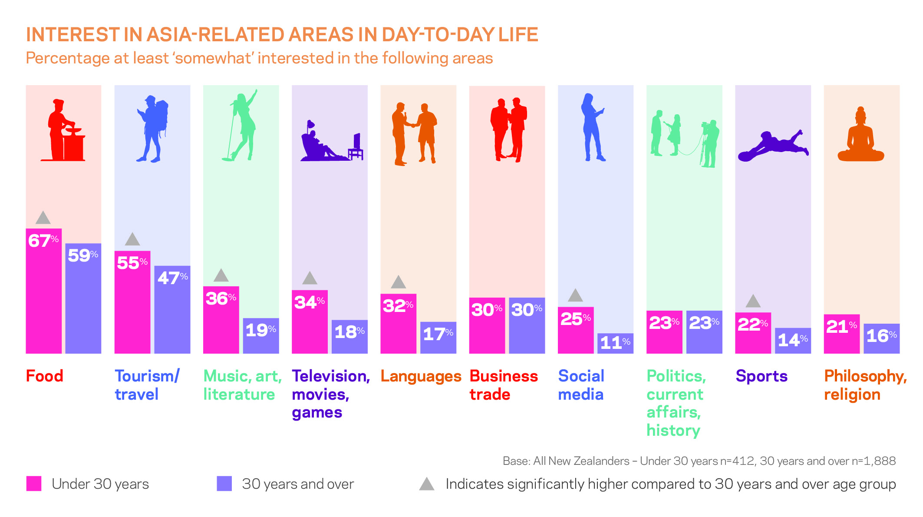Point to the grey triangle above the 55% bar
132,239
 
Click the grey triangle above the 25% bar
575,295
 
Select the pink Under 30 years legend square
34,484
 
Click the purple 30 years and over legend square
224,484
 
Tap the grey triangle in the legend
427,484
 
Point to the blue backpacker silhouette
152,129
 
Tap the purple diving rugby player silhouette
773,146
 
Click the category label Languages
420,376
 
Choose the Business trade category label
503,385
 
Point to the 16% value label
881,336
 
